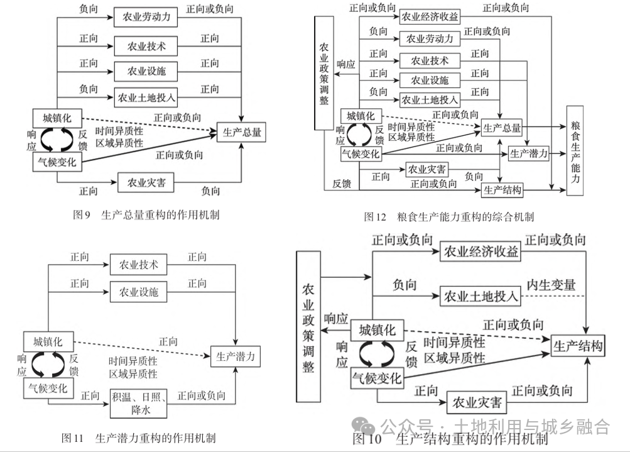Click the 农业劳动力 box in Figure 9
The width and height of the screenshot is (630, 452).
[146, 18]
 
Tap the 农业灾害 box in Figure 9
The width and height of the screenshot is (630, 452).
[146, 183]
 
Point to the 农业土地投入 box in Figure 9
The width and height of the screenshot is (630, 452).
[146, 97]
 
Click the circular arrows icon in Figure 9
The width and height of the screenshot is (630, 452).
[57, 140]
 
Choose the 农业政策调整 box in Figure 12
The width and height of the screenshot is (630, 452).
[324, 74]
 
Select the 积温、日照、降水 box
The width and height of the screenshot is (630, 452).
[139, 403]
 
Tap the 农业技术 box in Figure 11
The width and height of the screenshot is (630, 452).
[139, 265]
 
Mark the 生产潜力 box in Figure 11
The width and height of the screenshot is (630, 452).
[235, 356]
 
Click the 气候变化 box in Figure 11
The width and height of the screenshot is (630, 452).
[48, 388]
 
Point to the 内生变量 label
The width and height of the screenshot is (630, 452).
[551, 285]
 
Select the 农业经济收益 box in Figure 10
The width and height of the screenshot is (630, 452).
[481, 252]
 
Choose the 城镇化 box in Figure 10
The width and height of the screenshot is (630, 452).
[377, 330]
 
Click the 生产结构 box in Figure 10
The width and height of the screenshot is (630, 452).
[578, 346]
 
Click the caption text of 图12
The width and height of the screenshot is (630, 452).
[448, 217]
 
